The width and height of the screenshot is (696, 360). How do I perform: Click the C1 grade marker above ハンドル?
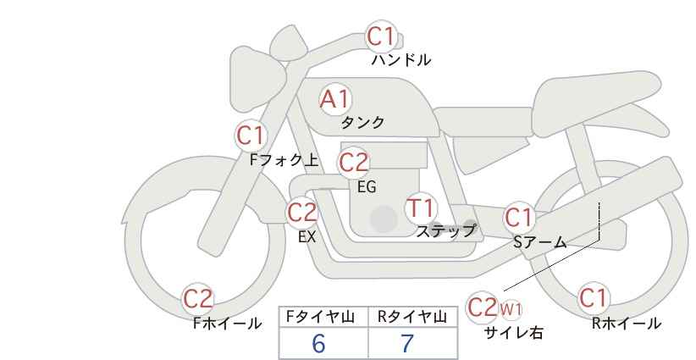coord(380,36)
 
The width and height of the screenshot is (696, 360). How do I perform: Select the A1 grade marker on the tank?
coord(334,99)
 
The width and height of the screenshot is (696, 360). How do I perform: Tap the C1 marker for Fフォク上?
coord(251,136)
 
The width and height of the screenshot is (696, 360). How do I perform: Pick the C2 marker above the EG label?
coord(353,163)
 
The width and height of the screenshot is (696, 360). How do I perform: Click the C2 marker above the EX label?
coord(301,213)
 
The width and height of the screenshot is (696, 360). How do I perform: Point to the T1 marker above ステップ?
coord(420,208)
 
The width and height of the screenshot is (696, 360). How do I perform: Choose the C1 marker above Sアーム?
coord(518,218)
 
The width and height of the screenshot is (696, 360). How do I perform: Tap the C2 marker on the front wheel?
coord(198,299)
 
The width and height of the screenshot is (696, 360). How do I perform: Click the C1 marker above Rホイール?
coord(593,298)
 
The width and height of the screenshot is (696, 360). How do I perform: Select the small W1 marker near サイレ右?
coord(511,309)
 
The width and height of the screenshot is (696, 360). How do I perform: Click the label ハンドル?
coord(401,60)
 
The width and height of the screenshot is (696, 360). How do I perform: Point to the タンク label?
coord(362,122)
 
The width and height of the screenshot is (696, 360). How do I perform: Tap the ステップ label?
coord(445,231)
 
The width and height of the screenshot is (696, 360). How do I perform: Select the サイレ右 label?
coord(514,333)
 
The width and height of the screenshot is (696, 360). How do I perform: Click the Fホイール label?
coord(228,324)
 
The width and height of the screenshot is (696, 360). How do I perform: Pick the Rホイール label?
coord(627,324)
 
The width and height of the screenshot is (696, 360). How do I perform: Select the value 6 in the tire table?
coord(318,343)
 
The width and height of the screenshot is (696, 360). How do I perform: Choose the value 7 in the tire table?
coord(407,343)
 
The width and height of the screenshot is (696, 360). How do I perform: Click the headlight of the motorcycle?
coord(257,79)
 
